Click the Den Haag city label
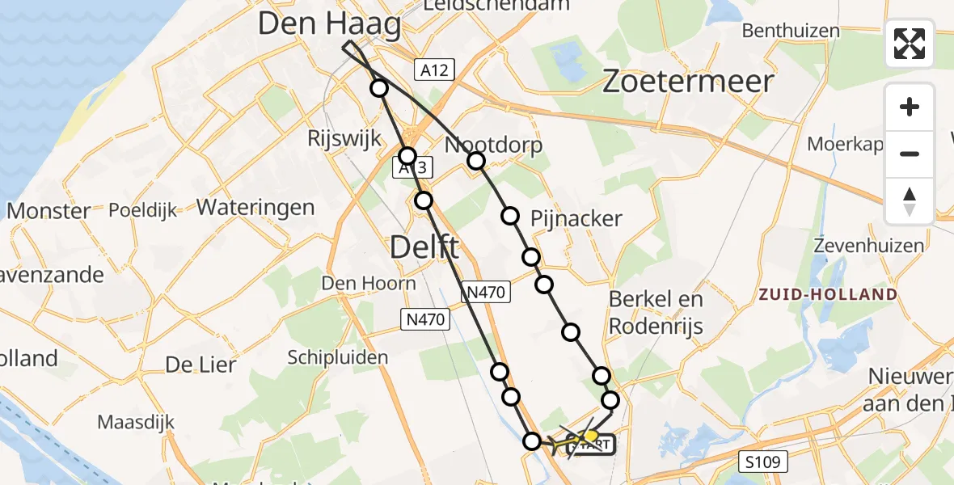[329, 24]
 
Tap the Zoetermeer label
[688, 82]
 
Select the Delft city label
[424, 247]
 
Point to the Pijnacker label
[576, 218]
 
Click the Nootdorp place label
[494, 145]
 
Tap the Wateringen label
[255, 207]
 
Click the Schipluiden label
[338, 357]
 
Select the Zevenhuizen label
[868, 246]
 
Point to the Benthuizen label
[791, 31]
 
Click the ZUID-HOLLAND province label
[828, 294]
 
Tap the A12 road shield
[434, 70]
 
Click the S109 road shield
[762, 462]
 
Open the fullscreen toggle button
[910, 43]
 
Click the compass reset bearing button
[910, 201]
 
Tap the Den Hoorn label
[369, 284]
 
